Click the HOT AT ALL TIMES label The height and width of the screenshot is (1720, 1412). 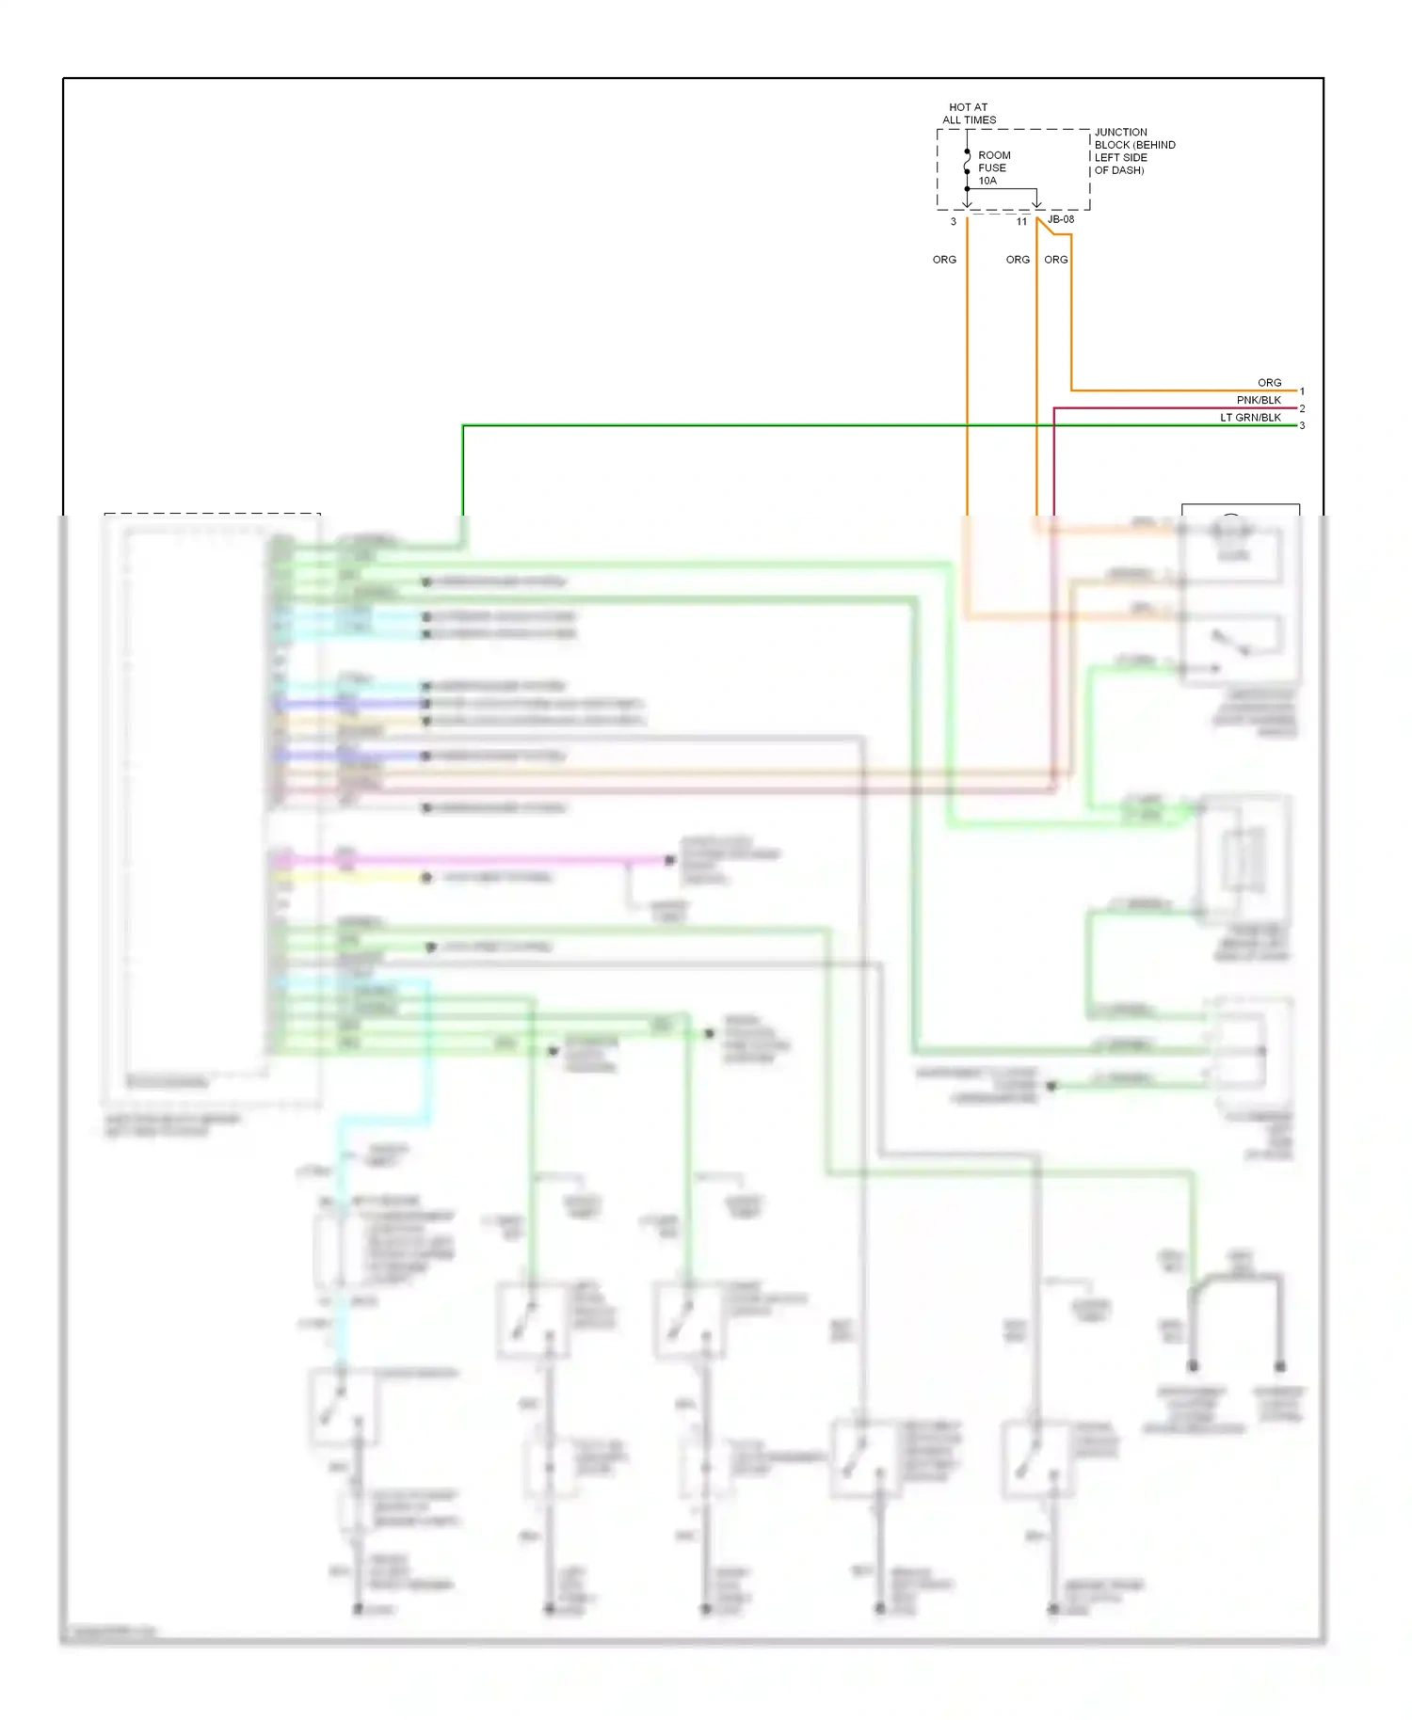(x=969, y=114)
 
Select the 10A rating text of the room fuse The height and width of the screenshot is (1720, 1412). (x=987, y=181)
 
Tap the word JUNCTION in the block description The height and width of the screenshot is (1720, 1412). (x=1120, y=133)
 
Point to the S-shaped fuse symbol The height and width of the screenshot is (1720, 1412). (x=967, y=162)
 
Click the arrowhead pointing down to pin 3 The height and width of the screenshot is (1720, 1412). (x=967, y=203)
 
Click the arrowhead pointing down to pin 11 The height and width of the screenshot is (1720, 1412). (x=1036, y=203)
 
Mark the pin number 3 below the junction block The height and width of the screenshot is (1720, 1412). (x=953, y=222)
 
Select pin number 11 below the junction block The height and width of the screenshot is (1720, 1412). (x=1021, y=222)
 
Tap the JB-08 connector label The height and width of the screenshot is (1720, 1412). (x=1061, y=219)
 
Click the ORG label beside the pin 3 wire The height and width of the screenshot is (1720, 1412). (x=944, y=260)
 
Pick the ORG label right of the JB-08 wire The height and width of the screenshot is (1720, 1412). (x=1055, y=260)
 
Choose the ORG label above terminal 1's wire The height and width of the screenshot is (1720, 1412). (x=1269, y=383)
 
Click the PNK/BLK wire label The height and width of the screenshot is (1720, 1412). (x=1259, y=400)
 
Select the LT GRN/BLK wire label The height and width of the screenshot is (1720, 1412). (x=1250, y=418)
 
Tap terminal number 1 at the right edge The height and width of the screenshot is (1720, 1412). (x=1302, y=391)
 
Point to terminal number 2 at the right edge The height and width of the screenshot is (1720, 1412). (x=1302, y=408)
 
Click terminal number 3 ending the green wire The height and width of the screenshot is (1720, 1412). (x=1302, y=426)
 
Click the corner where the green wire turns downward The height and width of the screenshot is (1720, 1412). (x=463, y=426)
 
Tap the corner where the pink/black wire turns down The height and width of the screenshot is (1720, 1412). (x=1054, y=408)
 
